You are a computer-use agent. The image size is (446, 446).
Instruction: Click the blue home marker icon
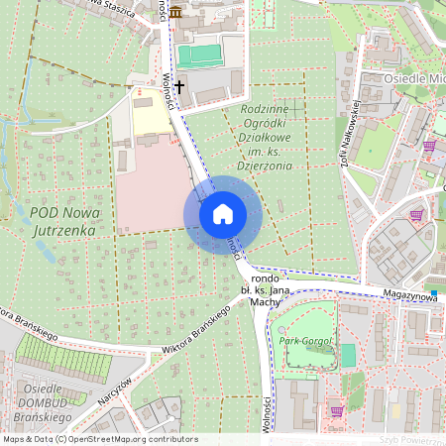point(222,214)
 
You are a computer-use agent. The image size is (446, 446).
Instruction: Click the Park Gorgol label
point(303,341)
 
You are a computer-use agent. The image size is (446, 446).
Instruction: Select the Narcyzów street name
point(117,392)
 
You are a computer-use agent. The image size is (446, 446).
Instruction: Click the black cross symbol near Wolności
point(179,87)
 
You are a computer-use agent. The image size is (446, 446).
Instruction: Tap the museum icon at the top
point(175,11)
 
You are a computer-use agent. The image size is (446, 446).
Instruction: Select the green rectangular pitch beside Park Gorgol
point(348,355)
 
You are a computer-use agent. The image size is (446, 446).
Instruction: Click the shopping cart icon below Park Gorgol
point(336,410)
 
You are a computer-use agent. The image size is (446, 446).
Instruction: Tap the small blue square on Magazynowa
point(434,293)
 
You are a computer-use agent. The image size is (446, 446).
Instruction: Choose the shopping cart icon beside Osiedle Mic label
point(429,145)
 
